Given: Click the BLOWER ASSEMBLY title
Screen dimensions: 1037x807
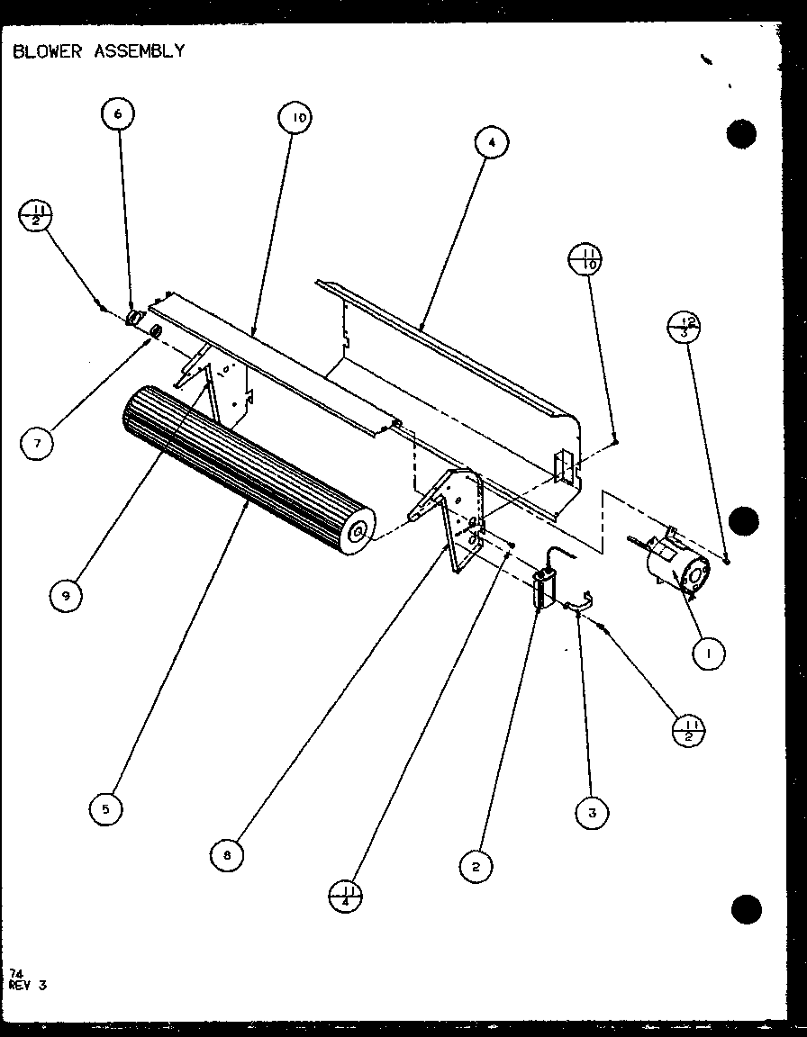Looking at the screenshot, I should [x=99, y=51].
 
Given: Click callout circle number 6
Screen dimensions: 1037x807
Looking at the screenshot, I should [x=118, y=114].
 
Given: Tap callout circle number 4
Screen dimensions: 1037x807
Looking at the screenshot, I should [x=491, y=142].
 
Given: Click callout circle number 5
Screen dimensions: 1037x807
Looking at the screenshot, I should [x=106, y=809].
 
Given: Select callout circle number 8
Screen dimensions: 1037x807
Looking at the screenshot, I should [x=227, y=855].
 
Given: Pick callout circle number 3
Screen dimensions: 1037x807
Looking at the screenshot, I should [x=592, y=813].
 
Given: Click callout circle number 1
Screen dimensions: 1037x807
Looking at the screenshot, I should [x=710, y=654].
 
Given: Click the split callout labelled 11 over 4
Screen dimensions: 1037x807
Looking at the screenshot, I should [x=346, y=896].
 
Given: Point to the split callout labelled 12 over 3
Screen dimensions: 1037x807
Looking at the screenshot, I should [x=685, y=325].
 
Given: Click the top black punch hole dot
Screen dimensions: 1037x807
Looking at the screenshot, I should [x=741, y=134].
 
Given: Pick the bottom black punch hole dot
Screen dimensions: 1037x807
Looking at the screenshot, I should [x=746, y=909].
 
